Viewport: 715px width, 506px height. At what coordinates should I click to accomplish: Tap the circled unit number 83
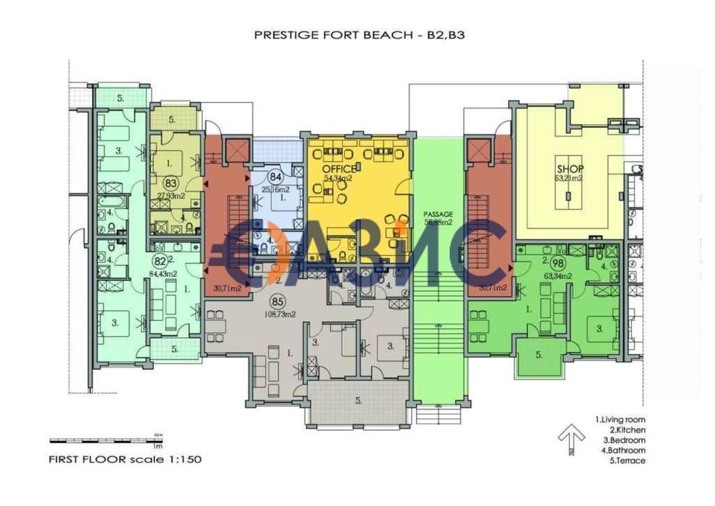pyautogui.click(x=171, y=184)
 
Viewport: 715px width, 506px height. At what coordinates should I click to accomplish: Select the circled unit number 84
pyautogui.click(x=274, y=176)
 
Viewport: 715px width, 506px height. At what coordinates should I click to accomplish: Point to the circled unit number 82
pyautogui.click(x=160, y=261)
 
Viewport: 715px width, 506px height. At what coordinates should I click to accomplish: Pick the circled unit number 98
pyautogui.click(x=558, y=264)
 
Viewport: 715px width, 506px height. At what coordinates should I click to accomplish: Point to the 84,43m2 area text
pyautogui.click(x=162, y=273)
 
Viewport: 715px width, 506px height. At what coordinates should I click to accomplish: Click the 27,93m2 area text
pyautogui.click(x=172, y=196)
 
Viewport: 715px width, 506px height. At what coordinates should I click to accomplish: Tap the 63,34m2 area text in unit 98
pyautogui.click(x=558, y=275)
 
